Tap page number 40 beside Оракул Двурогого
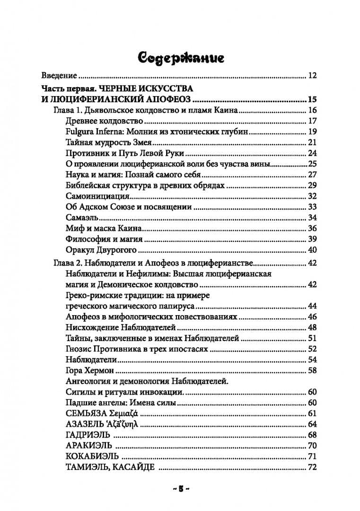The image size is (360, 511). tap(312, 250)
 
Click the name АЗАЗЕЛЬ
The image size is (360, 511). tap(83, 424)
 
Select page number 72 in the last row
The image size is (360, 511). tap(312, 468)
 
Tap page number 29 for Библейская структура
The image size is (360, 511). tap(312, 185)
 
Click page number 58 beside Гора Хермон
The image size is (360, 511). tap(312, 370)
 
